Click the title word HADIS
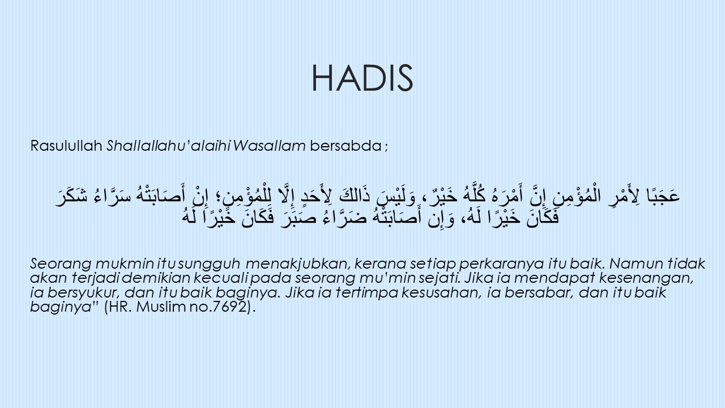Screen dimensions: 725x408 (x=362, y=78)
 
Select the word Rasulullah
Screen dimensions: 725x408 (x=66, y=146)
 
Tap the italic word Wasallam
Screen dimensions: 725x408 (x=269, y=146)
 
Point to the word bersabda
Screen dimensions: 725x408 (x=346, y=146)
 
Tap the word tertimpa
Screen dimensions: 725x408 (x=367, y=293)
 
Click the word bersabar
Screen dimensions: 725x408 (x=539, y=293)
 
